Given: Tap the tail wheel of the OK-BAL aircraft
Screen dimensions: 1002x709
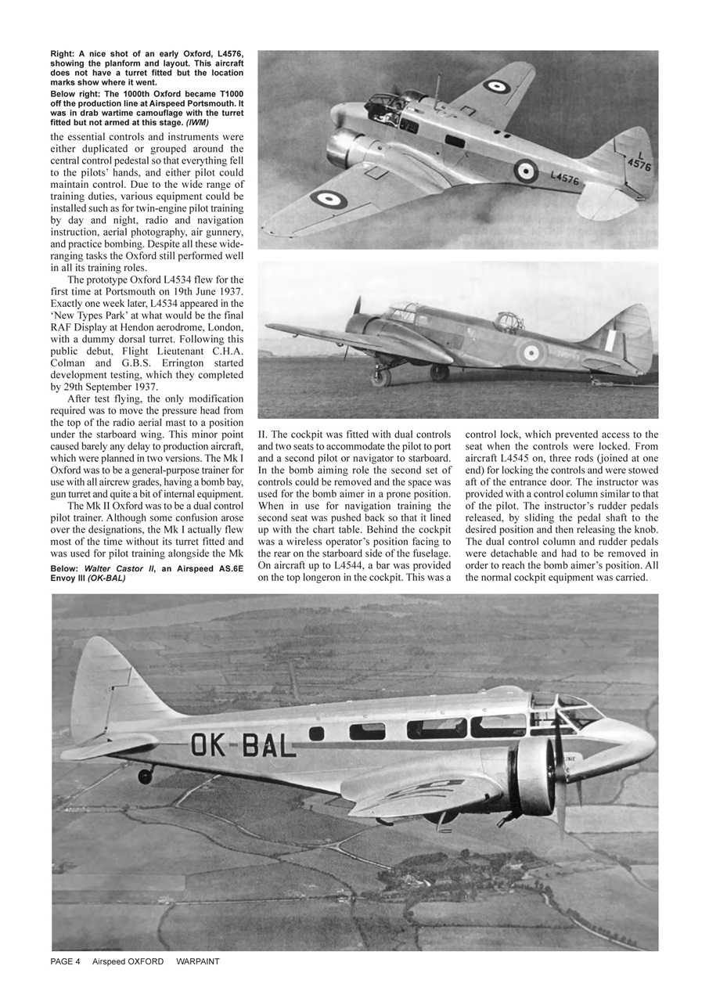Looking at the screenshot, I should [145, 776].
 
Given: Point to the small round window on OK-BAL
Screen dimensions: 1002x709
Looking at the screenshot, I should [316, 733].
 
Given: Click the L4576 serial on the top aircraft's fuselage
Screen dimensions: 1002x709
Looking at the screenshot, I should [565, 178].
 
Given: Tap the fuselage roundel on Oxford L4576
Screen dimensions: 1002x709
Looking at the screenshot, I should [525, 171].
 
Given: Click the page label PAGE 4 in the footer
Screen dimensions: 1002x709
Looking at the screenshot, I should [66, 961].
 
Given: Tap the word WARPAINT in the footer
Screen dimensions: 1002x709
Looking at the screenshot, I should [198, 961].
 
